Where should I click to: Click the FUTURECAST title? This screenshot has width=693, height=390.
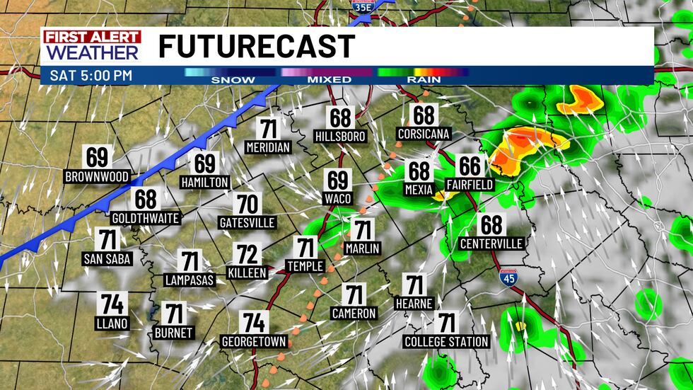coord(256,47)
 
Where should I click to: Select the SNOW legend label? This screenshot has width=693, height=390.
coord(233,79)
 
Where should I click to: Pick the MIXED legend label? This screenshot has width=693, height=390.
coord(329,79)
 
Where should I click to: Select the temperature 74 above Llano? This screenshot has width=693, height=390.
coord(112,304)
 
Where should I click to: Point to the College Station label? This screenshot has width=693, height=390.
coord(446,342)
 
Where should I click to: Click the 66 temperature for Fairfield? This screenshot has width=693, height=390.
coord(470,166)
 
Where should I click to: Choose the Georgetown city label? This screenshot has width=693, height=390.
coord(254,342)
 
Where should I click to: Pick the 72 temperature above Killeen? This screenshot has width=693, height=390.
coord(248,254)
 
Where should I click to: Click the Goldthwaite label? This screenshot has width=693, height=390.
coord(146,217)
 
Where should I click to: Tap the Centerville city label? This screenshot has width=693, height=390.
coord(491,243)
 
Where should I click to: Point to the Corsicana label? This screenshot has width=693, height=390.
coord(424,134)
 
